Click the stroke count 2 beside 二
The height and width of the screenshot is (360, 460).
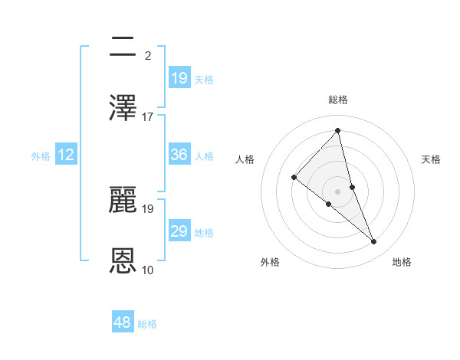point(147,55)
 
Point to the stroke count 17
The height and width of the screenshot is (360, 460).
point(148,116)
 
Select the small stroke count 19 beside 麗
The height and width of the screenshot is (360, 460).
point(148,208)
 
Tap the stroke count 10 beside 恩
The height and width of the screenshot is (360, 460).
point(148,270)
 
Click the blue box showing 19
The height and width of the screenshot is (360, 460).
point(179,78)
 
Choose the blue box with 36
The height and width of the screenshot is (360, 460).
point(179,155)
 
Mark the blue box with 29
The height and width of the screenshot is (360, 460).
point(179,231)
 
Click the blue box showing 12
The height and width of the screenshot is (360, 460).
point(66,155)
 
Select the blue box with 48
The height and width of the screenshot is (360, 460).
point(123,323)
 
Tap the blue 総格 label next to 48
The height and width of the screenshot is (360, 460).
point(147,324)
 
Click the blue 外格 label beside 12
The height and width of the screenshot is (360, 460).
point(41,156)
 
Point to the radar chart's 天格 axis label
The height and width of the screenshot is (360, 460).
point(432,159)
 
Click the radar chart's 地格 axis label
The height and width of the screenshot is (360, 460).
point(402,262)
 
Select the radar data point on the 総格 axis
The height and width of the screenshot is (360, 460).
point(338,131)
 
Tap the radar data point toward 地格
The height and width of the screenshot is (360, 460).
point(374,242)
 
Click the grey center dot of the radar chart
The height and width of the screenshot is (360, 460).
point(338,191)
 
